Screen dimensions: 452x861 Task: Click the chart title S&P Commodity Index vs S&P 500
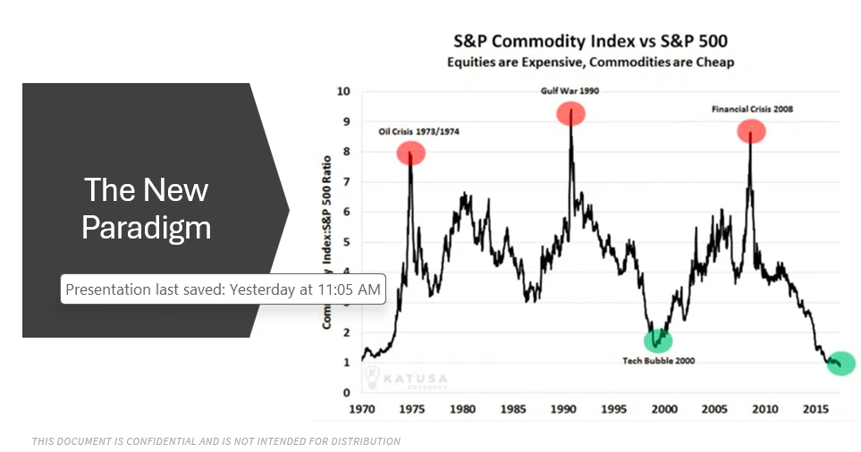coord(590,41)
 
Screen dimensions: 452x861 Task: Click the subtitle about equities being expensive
coord(590,62)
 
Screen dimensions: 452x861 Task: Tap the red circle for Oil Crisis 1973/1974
coord(411,153)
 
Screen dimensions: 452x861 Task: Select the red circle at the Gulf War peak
coord(570,113)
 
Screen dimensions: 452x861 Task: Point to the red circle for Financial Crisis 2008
coord(751,131)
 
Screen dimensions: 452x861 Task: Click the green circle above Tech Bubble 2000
coord(658,340)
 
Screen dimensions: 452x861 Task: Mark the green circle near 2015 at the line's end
coord(840,364)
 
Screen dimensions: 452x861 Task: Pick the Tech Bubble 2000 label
coord(659,361)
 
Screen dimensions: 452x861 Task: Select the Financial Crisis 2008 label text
coord(752,109)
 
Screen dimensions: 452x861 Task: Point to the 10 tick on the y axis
coord(343,91)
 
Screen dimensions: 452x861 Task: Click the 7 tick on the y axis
coord(346,181)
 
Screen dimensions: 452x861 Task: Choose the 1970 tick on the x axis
coord(362,408)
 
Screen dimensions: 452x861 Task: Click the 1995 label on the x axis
coord(612,408)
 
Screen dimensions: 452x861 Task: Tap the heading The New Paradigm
coord(147,208)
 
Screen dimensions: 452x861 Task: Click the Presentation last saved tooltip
coord(223,289)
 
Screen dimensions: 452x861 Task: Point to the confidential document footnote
coord(215,441)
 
